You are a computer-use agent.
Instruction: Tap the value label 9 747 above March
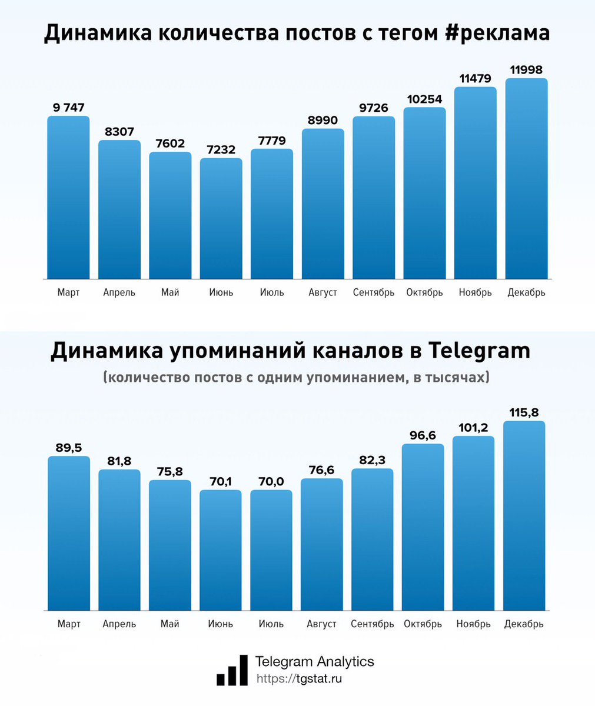68,108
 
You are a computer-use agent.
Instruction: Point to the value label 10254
424,99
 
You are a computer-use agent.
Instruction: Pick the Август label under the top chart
323,292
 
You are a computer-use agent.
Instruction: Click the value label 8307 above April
119,132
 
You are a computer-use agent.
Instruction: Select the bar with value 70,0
271,550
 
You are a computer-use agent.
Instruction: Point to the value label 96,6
423,435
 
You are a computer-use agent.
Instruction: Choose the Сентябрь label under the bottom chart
373,624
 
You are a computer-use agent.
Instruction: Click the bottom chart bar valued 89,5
69,532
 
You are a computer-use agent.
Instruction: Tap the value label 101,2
473,427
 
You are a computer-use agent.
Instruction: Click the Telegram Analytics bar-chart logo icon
232,670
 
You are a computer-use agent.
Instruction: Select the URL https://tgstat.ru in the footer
299,678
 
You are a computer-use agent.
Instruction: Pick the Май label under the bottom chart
170,624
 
